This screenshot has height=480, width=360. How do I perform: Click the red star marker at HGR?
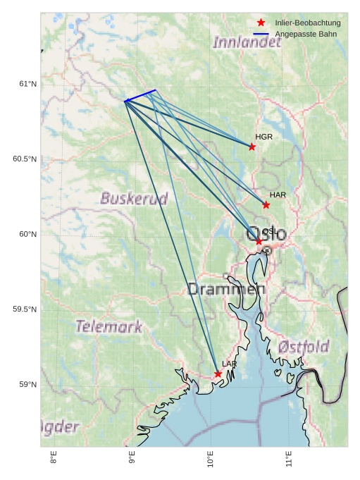tap(252, 147)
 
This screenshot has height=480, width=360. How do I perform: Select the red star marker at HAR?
tap(266, 205)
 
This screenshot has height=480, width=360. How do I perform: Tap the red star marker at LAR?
tap(218, 374)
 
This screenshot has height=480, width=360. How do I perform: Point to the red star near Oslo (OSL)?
tap(259, 241)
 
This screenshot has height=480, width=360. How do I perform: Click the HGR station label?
tap(264, 137)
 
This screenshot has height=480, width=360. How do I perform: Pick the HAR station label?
tap(278, 195)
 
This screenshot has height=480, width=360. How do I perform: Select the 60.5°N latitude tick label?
tap(25, 159)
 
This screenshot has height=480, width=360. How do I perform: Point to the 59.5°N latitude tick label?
tap(25, 310)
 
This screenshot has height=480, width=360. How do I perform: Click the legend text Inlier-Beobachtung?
tap(308, 23)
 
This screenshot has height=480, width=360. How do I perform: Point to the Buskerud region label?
tap(134, 198)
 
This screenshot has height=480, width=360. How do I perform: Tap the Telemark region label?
tap(108, 326)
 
